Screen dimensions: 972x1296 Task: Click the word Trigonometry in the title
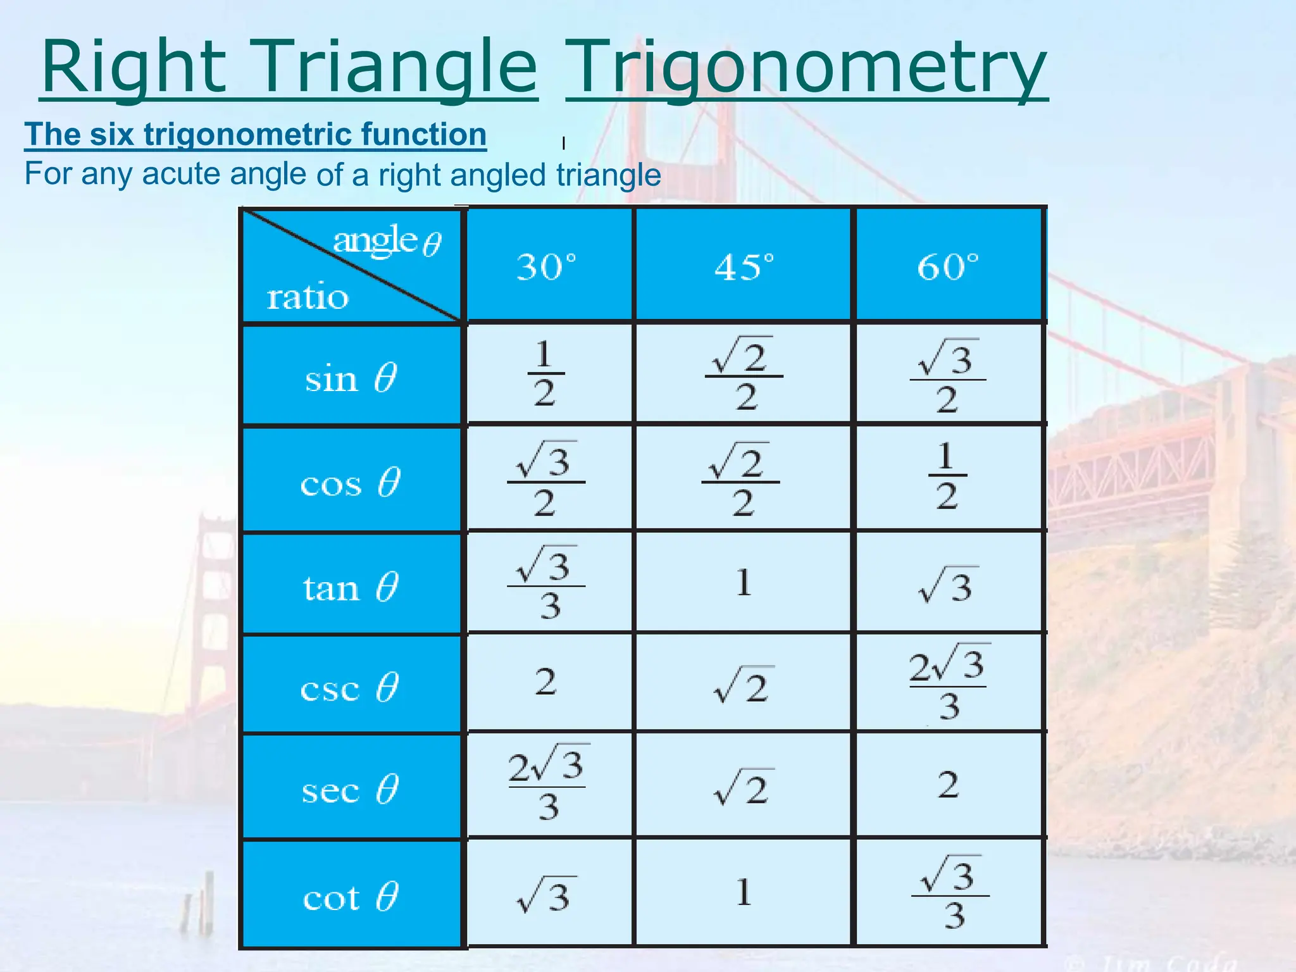[x=806, y=68]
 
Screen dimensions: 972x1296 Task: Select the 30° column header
[x=547, y=266]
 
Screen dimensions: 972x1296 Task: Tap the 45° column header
[x=744, y=266]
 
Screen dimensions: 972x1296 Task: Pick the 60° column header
[x=948, y=266]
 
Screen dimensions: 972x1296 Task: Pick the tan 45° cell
[x=744, y=582]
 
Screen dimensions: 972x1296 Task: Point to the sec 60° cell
[x=948, y=785]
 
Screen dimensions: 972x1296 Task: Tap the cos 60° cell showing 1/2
[x=947, y=476]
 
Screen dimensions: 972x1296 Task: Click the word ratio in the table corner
[x=308, y=297]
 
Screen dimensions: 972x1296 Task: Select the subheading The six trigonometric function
[x=256, y=134]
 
